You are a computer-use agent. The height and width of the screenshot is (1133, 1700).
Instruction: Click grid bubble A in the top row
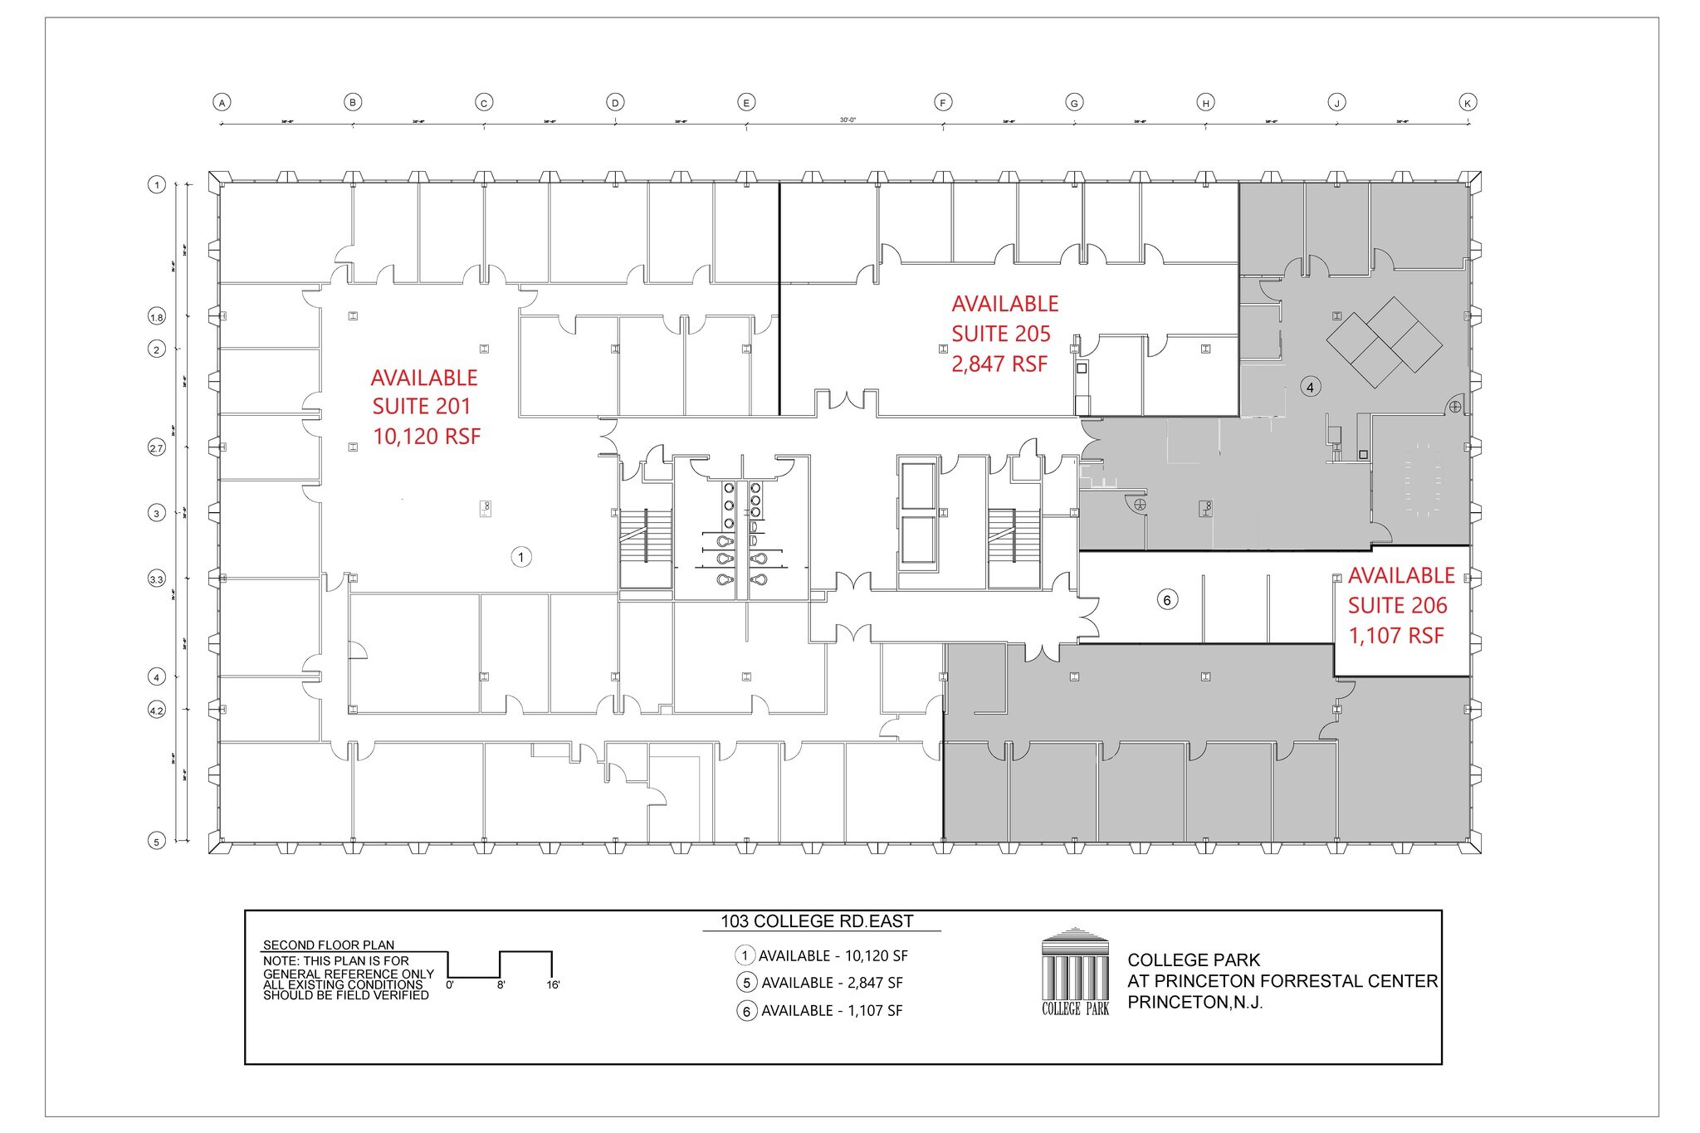pos(222,103)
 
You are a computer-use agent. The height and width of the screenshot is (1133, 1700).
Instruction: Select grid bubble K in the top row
pos(1468,103)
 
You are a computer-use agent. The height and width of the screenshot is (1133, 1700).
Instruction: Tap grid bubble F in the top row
pos(943,103)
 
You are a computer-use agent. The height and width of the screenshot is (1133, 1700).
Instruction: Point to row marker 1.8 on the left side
pos(157,317)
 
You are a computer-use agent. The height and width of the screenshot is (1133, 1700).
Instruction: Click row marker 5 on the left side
pos(157,842)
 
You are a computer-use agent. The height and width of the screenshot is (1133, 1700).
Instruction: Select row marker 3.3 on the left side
pos(157,579)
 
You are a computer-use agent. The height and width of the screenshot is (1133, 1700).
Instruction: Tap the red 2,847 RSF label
pos(999,364)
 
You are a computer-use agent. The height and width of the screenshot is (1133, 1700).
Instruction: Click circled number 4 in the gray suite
pos(1310,388)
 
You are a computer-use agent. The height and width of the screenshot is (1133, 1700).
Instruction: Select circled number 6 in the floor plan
pos(1167,600)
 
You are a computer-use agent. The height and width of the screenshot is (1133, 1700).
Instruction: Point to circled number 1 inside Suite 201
pos(520,557)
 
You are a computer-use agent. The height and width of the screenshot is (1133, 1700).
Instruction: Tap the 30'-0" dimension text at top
pos(847,120)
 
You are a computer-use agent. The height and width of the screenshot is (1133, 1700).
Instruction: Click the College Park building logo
pos(1076,972)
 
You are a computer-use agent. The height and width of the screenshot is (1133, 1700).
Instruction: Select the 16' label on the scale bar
pos(553,985)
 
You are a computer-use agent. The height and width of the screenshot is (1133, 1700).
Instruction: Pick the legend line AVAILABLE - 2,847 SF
pos(831,983)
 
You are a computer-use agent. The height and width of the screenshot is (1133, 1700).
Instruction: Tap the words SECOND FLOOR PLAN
pos(328,945)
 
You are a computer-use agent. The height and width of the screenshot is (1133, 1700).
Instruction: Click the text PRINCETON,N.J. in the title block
pos(1194,1003)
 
